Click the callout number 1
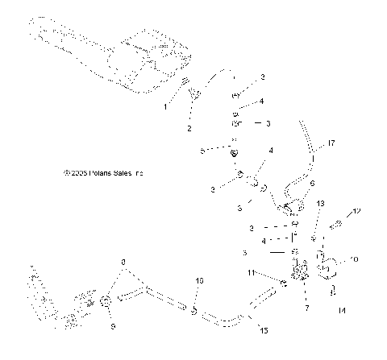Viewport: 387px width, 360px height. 166,106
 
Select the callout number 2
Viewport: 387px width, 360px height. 189,128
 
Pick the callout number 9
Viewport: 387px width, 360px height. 112,325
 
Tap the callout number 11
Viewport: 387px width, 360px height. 273,273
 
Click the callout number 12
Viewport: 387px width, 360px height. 359,211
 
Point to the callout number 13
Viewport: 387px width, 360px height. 320,205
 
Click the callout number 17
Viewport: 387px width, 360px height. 330,144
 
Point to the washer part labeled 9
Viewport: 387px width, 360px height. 106,303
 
